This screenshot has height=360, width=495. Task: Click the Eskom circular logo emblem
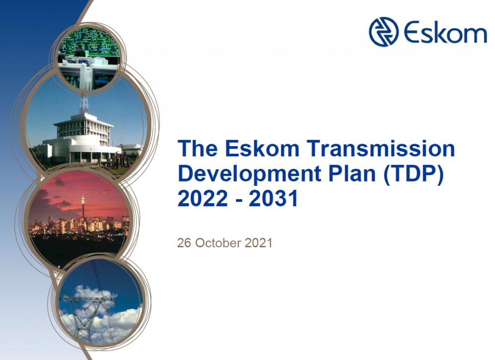tap(384, 32)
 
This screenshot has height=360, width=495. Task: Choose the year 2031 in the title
tap(274, 198)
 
